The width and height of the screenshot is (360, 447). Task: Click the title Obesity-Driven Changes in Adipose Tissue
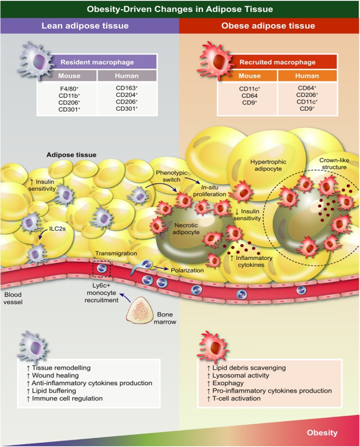[x=180, y=8]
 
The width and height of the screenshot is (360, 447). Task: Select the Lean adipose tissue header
[x=89, y=25]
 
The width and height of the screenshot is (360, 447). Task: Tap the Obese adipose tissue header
[x=270, y=25]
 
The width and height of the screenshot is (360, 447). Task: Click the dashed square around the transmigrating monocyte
[x=101, y=269]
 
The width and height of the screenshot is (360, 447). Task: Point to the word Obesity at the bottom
[x=321, y=433]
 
